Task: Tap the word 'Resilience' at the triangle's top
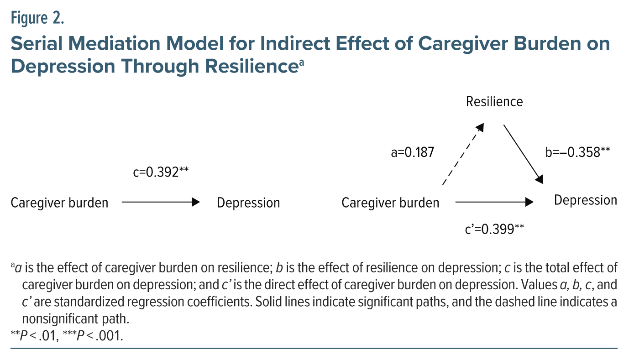pos(494,101)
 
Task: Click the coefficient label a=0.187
pos(412,153)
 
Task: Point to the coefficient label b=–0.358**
pos(578,152)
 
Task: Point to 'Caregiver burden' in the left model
pos(59,203)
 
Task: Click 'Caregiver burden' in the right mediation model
pos(390,203)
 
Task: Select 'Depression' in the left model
pos(248,203)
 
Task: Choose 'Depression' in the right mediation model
pos(586,200)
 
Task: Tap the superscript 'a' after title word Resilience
pos(301,63)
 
